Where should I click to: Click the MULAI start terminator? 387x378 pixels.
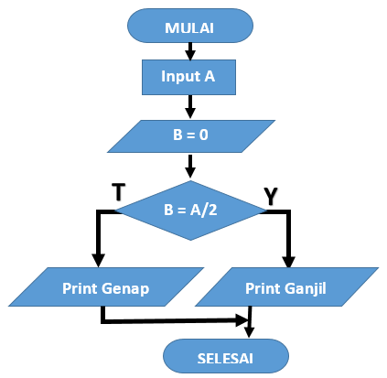190,26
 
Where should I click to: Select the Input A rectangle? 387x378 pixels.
188,77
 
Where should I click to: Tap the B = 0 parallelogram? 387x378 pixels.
191,136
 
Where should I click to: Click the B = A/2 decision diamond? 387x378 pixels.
190,211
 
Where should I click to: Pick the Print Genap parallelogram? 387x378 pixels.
106,286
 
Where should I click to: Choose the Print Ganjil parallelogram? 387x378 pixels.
286,286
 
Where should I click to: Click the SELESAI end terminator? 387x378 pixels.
226,356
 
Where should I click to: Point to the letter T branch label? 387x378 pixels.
118,191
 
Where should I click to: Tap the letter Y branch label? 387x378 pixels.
271,196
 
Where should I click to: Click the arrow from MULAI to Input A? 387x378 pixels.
190,51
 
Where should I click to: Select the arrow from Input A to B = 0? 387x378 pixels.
190,107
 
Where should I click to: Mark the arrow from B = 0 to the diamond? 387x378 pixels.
190,167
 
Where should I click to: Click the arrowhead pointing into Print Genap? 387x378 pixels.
98,261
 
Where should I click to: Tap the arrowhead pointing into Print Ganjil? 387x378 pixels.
288,262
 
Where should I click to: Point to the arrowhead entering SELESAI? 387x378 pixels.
249,332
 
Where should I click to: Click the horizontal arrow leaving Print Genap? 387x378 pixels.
175,320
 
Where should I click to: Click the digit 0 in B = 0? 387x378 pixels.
204,135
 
